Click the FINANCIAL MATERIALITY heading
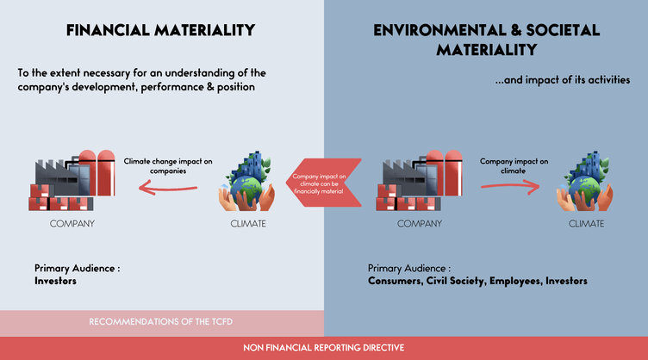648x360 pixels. point(161,30)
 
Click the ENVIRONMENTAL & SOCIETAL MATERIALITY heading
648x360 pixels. point(486,40)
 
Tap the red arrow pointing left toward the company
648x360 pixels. point(168,189)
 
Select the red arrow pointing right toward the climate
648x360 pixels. point(510,187)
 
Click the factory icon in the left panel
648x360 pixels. point(72,180)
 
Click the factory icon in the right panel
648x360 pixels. point(419,180)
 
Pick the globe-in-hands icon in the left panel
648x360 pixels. point(246,181)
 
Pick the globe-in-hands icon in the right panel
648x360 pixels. point(584,181)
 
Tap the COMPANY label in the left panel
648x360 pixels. point(72,224)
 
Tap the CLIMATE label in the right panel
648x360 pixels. point(587,224)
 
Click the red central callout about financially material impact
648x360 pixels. point(324,183)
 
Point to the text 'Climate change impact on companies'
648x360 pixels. point(168,166)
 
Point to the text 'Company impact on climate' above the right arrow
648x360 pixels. point(514,166)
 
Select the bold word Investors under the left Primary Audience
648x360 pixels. point(55,281)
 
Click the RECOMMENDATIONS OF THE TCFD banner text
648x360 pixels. point(161,321)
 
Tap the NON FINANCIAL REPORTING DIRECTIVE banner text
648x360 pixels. point(324,348)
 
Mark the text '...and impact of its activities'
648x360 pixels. point(563,80)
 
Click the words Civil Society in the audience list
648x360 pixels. point(456,281)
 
